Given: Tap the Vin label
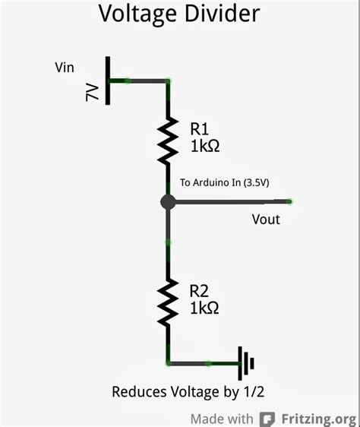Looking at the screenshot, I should tap(65, 68).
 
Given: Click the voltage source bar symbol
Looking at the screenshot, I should tap(108, 81).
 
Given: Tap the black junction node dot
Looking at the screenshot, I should tap(168, 202).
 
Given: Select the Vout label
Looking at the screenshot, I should tap(265, 220).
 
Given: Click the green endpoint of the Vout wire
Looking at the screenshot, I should tap(290, 201).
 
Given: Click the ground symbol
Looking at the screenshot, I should tap(245, 363).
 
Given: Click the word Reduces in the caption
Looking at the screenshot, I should tap(137, 392).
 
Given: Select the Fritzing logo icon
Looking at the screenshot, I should tap(267, 419).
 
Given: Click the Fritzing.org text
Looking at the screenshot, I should tap(317, 419).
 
